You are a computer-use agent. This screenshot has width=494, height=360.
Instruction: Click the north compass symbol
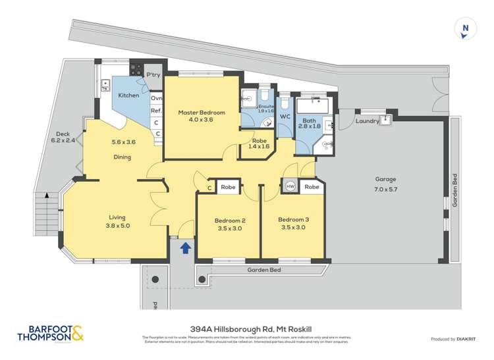coord(465,28)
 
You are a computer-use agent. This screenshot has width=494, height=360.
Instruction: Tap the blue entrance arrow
coord(186,248)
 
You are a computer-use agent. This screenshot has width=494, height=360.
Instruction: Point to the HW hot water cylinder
coord(290,187)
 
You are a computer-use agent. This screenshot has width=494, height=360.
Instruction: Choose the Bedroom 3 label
coord(292,224)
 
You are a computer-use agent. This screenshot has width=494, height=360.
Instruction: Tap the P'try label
coord(153,75)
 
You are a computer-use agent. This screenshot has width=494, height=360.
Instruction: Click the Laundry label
coord(366,121)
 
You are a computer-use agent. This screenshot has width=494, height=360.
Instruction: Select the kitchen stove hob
coord(137,68)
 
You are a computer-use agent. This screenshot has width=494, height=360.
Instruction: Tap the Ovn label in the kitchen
coord(156,99)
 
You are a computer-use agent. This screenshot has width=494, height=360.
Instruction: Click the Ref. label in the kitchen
coord(156,111)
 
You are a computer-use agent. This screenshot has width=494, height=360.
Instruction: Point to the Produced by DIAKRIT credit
coord(454,339)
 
